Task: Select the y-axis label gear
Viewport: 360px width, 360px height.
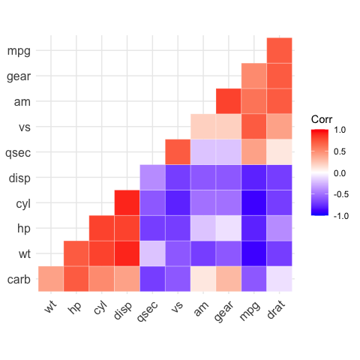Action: coord(18,76)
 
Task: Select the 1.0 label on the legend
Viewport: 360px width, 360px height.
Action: coord(340,130)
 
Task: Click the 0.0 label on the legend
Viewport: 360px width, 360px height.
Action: coord(340,172)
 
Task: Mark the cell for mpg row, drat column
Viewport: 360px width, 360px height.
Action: coord(279,50)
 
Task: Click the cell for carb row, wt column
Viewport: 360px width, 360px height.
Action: coord(51,278)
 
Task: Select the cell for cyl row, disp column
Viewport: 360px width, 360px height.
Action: coord(127,202)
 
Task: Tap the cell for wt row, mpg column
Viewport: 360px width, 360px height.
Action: coord(253,253)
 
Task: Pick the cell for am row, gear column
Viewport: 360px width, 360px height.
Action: coord(228,101)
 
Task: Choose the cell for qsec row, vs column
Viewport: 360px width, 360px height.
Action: coord(178,151)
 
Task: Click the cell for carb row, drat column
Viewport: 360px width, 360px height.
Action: coord(279,278)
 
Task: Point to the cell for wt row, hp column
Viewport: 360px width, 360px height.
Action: coord(76,253)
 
